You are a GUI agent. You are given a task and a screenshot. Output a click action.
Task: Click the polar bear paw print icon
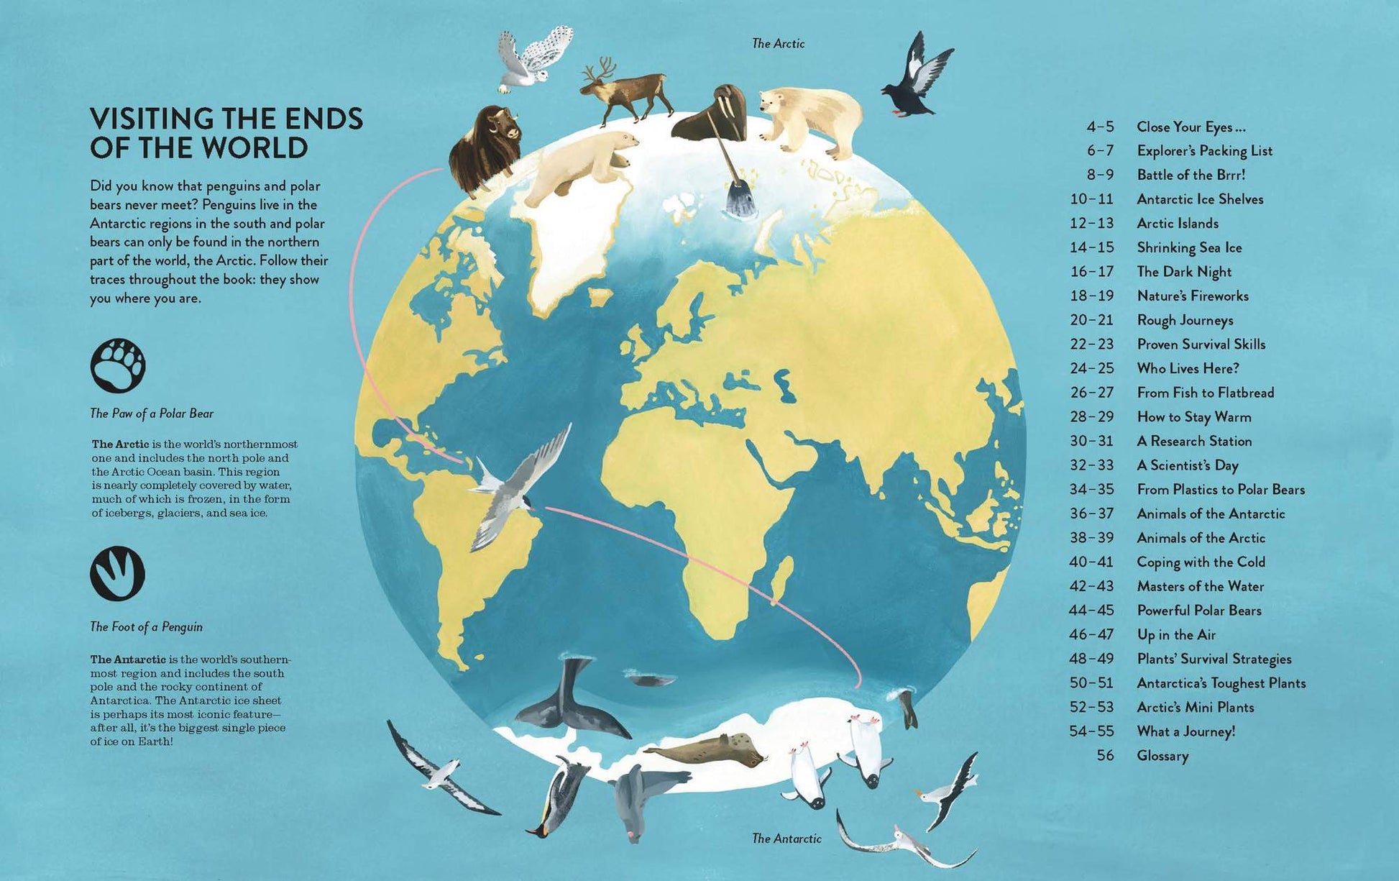click(118, 366)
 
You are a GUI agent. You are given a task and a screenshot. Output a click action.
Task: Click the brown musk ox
click(483, 147)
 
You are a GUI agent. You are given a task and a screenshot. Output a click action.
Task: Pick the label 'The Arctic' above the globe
click(778, 44)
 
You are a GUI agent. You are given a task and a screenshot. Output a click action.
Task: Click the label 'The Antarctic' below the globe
click(786, 839)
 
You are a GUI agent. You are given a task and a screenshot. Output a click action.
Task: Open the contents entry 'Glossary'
click(1162, 756)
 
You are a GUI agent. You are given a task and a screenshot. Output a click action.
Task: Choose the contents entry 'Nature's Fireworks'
click(1193, 296)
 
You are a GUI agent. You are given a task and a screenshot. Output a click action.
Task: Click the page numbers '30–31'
click(1091, 442)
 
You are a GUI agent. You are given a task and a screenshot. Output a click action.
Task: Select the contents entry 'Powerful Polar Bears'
click(1199, 611)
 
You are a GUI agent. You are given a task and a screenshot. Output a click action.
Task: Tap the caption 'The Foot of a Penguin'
click(146, 627)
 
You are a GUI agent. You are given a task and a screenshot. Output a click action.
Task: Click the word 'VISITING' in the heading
click(151, 119)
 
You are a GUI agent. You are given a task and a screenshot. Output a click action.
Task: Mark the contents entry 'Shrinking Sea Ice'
click(1189, 248)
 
